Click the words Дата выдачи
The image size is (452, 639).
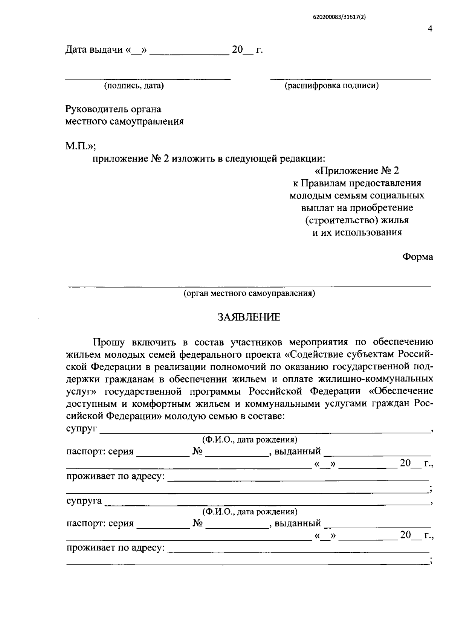click(94, 50)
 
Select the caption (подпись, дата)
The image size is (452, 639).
click(134, 86)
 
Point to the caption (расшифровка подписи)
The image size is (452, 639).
click(331, 86)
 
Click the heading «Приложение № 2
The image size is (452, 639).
click(356, 171)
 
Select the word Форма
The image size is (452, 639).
click(418, 257)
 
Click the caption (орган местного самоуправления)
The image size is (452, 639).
click(249, 293)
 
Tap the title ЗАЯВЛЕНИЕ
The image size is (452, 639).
click(249, 317)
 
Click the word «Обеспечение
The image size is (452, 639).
click(401, 391)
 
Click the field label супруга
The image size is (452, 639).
click(84, 501)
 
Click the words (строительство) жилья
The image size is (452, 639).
click(357, 220)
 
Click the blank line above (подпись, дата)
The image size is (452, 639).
click(148, 79)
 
